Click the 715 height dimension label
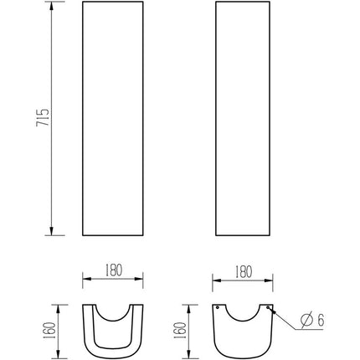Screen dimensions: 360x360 point(43,117)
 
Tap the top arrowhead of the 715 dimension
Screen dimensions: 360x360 point(51,7)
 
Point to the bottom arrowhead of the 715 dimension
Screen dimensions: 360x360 point(51,230)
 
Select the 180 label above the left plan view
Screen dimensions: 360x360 point(114,270)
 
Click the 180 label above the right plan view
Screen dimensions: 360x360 point(244,272)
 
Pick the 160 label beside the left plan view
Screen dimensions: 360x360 point(49,331)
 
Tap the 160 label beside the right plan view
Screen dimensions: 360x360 point(179,331)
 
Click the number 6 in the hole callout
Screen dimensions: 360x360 point(321,320)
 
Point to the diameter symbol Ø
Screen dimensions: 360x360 point(306,320)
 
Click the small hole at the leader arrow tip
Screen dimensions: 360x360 point(268,307)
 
